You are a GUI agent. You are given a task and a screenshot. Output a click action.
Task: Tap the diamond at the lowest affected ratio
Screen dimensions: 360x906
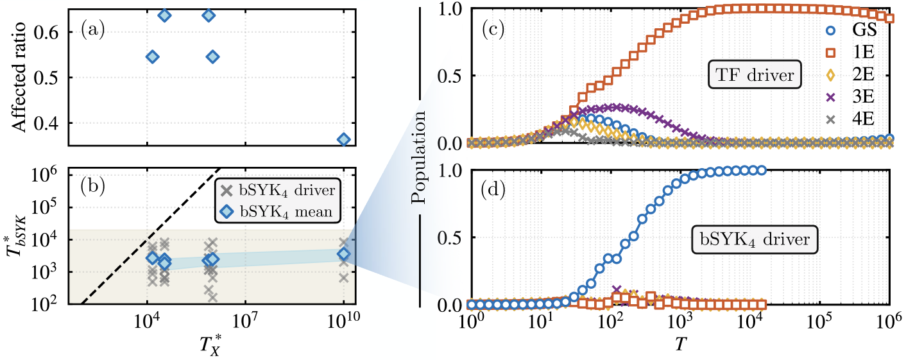pyautogui.click(x=344, y=139)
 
